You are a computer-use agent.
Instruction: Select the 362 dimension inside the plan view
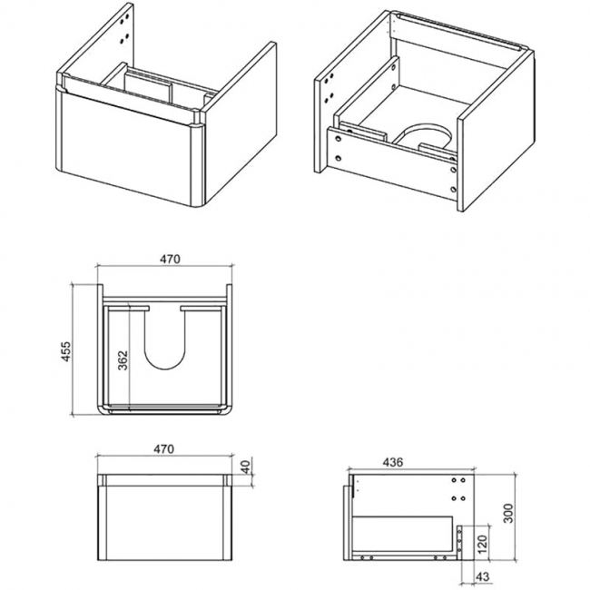123,359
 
